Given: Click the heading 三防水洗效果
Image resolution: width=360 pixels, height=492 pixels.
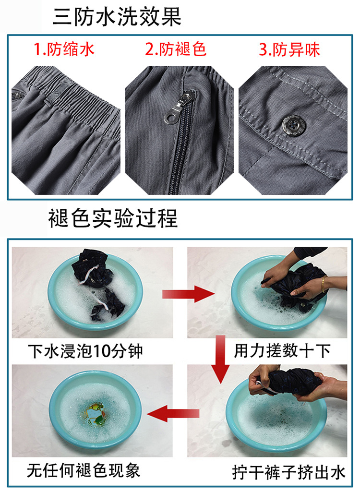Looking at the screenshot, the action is [x=117, y=16].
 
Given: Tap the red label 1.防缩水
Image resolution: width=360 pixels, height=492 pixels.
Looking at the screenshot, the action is [x=64, y=49].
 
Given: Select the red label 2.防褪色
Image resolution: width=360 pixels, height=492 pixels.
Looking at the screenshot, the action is [x=176, y=49].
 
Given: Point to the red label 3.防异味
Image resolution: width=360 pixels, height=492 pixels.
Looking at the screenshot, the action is [x=289, y=49].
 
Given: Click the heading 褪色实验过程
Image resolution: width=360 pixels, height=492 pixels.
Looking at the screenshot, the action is [x=113, y=218].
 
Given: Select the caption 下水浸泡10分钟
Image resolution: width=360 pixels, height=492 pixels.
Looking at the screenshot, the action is [x=85, y=351].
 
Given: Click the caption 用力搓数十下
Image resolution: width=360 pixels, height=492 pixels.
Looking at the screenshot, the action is [x=282, y=351].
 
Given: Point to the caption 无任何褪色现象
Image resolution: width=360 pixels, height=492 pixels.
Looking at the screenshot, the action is [x=84, y=471].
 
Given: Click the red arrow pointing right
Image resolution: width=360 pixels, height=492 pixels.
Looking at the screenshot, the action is [x=188, y=294].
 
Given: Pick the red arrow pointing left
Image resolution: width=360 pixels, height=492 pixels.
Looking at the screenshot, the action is [x=173, y=414].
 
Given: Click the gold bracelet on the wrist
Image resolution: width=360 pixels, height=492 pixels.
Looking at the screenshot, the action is [x=323, y=284].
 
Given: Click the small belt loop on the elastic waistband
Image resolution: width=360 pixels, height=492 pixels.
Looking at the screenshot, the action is [x=48, y=102].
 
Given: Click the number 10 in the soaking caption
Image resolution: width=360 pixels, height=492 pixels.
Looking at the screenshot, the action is [x=102, y=351].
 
